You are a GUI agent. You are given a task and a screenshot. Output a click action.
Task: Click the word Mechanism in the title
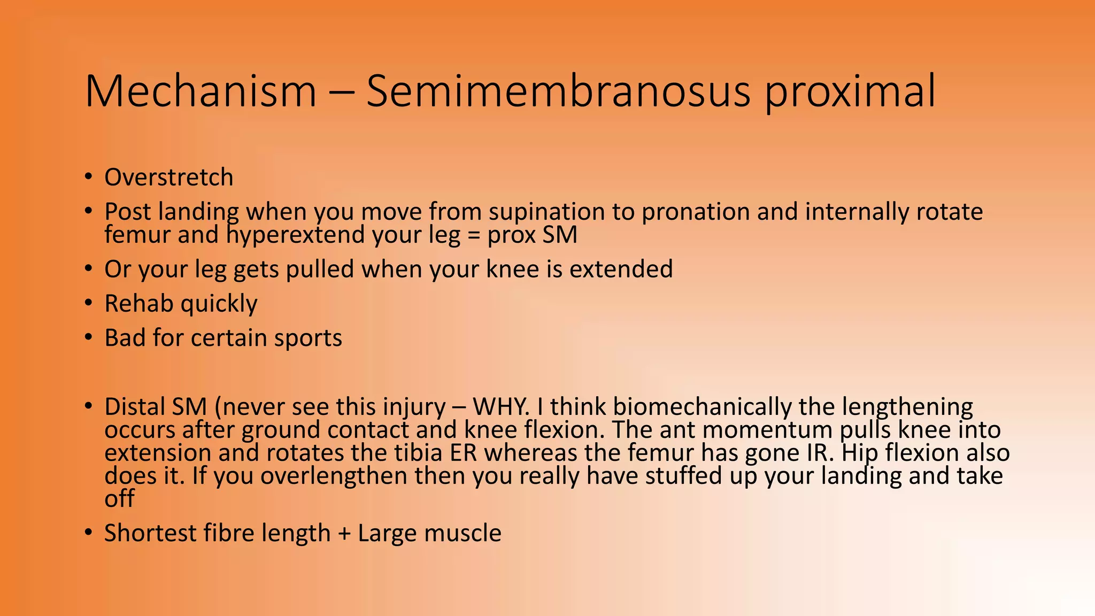201,91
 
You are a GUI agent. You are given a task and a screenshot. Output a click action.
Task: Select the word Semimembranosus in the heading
558,91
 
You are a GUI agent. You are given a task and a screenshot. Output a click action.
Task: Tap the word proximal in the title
850,92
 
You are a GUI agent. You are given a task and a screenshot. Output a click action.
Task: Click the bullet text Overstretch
169,178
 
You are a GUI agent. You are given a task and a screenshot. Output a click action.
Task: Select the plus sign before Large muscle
344,534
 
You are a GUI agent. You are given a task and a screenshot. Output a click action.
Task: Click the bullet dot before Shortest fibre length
89,533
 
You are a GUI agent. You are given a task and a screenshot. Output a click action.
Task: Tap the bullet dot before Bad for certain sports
89,337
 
